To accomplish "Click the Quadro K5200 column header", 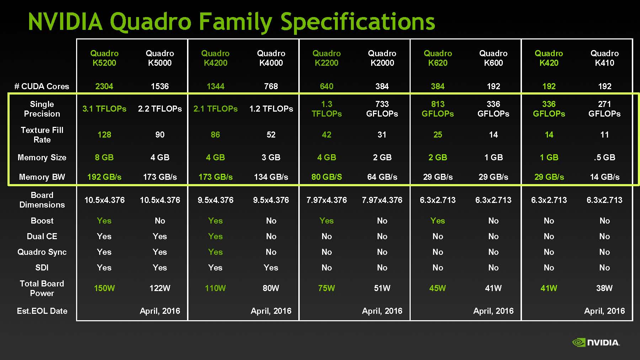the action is [104, 58].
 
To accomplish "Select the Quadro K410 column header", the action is [604, 58].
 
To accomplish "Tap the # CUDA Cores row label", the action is [42, 86].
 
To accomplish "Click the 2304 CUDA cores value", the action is [104, 86].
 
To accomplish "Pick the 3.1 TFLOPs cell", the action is [104, 109].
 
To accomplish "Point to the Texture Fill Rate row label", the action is [42, 135].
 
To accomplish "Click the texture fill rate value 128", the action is [104, 135].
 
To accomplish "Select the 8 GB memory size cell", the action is [104, 157].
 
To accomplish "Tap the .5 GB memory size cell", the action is [604, 157].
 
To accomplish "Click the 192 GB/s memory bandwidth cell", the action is [104, 177].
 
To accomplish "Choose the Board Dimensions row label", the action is [42, 200].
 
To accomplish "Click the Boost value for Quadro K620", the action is [438, 221].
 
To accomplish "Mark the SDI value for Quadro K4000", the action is [271, 268].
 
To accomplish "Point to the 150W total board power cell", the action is [104, 288].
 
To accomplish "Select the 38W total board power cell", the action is [604, 288].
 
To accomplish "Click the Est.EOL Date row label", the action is [42, 311].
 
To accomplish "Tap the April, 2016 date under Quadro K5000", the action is [160, 311].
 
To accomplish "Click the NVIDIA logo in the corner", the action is [596, 342].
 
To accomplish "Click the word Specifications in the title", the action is [358, 22].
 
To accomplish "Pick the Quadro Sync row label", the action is [42, 252].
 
